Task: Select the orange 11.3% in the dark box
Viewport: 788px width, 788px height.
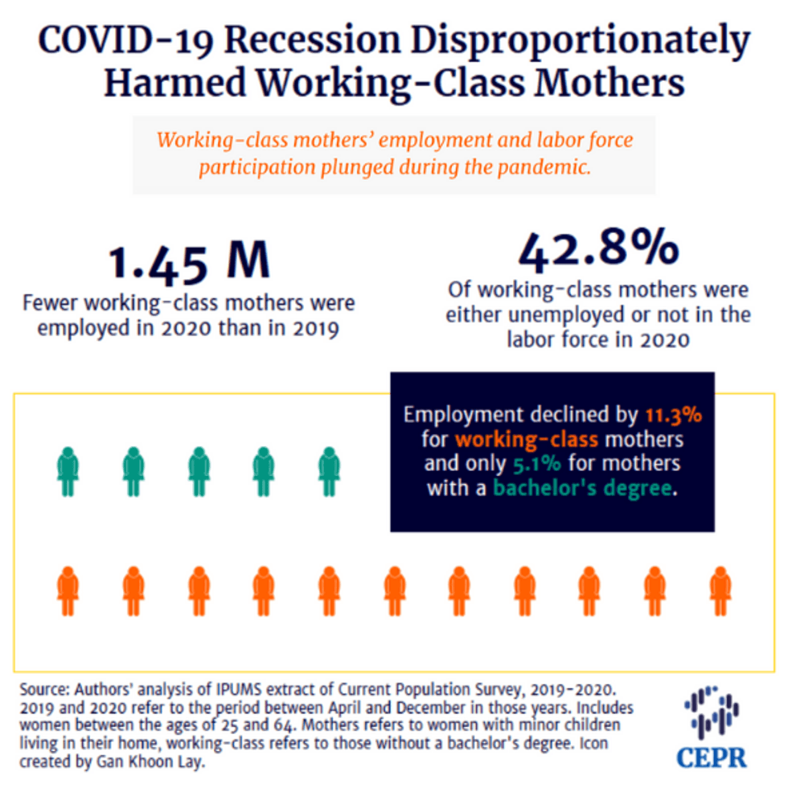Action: coord(674,415)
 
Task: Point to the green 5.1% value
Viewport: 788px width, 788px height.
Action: coord(537,463)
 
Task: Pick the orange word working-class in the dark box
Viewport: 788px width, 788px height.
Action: coord(527,440)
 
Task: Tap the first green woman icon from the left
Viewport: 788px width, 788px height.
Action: coord(68,471)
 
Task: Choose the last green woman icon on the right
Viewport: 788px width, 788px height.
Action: coord(329,471)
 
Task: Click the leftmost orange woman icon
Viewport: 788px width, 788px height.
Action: coord(68,591)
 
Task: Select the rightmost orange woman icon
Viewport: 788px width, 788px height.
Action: coord(720,591)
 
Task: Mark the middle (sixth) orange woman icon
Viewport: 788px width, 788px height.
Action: coord(395,591)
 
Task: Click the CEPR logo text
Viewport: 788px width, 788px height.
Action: coord(711,757)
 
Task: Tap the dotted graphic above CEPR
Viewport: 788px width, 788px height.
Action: coord(711,712)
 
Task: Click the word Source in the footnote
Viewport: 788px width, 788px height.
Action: coord(44,690)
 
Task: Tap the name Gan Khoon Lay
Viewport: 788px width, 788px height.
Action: coord(150,762)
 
